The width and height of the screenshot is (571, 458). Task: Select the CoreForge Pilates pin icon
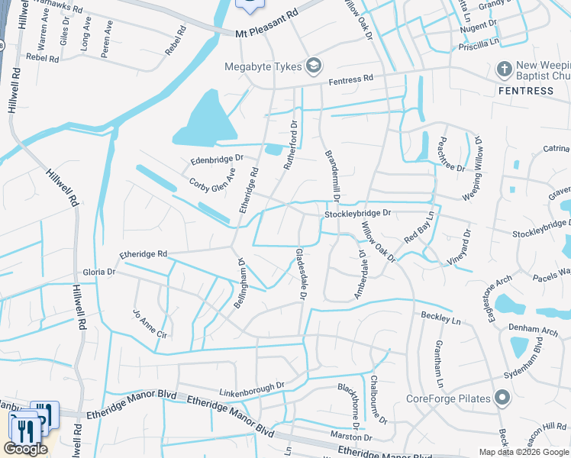502,398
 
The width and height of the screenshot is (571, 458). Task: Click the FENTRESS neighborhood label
526,91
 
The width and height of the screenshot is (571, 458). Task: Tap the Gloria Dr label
99,272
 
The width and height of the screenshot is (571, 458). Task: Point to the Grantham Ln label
439,363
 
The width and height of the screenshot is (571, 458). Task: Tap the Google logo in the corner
25,449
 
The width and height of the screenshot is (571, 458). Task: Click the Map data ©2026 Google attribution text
523,452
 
